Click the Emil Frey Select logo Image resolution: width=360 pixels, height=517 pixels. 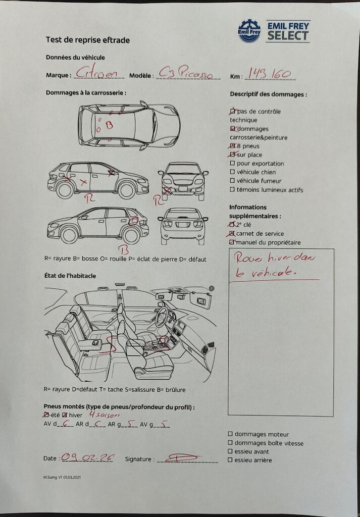pyautogui.click(x=274, y=31)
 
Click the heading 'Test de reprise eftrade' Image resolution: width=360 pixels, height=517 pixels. pyautogui.click(x=88, y=40)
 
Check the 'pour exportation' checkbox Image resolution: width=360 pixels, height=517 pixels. pyautogui.click(x=232, y=164)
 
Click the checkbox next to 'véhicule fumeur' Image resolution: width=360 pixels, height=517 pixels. pyautogui.click(x=232, y=181)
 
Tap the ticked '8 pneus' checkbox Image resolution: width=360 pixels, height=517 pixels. pyautogui.click(x=232, y=146)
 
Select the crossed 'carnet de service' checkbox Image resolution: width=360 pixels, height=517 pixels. pyautogui.click(x=232, y=234)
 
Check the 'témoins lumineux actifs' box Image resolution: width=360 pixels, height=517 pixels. pyautogui.click(x=232, y=190)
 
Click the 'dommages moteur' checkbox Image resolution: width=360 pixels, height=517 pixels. pyautogui.click(x=230, y=434)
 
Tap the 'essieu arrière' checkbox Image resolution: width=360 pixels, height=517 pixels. pyautogui.click(x=230, y=460)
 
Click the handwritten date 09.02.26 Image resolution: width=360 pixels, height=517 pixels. pyautogui.click(x=87, y=457)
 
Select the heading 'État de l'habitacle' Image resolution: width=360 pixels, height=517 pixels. pyautogui.click(x=71, y=276)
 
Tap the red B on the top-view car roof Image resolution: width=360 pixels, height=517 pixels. pyautogui.click(x=109, y=124)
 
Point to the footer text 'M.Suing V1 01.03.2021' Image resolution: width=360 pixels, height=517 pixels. pyautogui.click(x=62, y=477)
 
